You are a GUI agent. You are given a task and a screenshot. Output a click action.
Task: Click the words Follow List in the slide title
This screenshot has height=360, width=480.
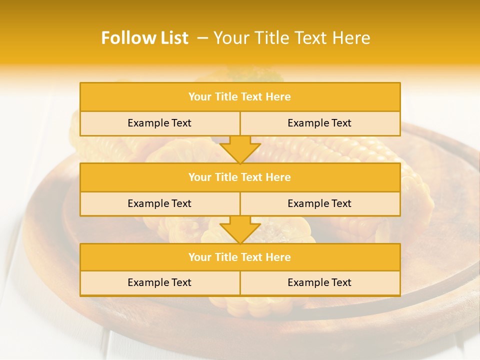pyautogui.click(x=144, y=38)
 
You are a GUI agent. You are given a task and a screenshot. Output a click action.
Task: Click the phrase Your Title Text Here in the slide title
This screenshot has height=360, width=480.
pyautogui.click(x=292, y=38)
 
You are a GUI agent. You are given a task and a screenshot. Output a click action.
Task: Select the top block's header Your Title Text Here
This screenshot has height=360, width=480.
pyautogui.click(x=239, y=97)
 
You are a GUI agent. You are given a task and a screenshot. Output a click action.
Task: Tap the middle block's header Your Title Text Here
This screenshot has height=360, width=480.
pyautogui.click(x=239, y=177)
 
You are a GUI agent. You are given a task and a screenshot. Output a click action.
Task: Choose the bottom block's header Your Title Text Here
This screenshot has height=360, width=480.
pyautogui.click(x=239, y=257)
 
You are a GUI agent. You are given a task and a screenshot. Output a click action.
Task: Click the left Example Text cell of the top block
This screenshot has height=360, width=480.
pyautogui.click(x=159, y=123)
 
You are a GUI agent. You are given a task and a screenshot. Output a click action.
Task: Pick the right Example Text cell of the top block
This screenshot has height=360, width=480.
pyautogui.click(x=319, y=123)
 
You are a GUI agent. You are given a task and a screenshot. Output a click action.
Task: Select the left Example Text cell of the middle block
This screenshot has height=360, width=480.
pyautogui.click(x=159, y=203)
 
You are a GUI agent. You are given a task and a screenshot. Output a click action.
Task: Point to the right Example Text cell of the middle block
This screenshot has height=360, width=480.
pyautogui.click(x=319, y=203)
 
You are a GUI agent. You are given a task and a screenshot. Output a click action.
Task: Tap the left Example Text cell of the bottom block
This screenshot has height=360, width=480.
pyautogui.click(x=159, y=282)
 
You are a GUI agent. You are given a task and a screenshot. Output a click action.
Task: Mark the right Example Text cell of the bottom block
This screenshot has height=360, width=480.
pyautogui.click(x=319, y=282)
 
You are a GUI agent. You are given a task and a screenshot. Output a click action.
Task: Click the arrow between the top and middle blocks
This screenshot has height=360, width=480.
pyautogui.click(x=240, y=149)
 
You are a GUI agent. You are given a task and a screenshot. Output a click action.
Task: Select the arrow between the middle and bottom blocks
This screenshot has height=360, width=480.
pyautogui.click(x=240, y=229)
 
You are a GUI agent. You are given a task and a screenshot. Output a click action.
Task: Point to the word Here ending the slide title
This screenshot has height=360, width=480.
pyautogui.click(x=353, y=38)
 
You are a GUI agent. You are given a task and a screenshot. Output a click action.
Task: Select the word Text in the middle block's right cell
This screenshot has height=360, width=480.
pyautogui.click(x=341, y=203)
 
